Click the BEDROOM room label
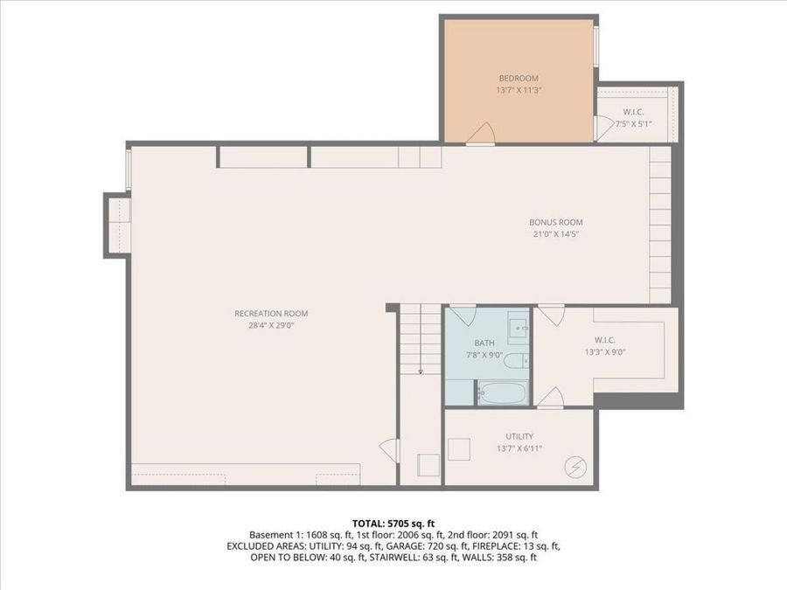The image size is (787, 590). pos(519,77)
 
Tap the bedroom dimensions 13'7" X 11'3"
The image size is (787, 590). pos(519,89)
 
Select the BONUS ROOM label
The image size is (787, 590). pos(555,222)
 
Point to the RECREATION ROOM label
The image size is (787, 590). pos(271,313)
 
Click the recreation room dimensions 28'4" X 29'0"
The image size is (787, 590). pos(271,325)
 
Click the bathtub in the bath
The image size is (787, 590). pos(502,392)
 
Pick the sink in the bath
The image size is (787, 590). pos(519,329)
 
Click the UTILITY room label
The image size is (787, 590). pos(519,436)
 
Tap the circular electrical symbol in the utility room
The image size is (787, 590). pos(575,467)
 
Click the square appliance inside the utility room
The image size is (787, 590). pos(458,449)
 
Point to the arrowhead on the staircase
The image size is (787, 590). pos(421,371)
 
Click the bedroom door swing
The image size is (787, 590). pos(479,133)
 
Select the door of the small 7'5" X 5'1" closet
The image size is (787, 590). pos(602,128)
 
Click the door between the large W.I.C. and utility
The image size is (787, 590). pos(549,400)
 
